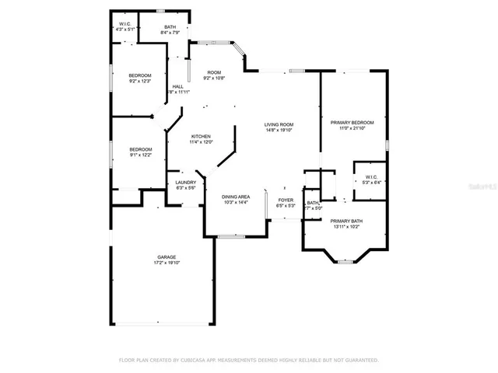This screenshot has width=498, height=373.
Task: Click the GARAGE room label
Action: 167,257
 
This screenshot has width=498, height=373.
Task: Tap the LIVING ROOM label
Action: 279,124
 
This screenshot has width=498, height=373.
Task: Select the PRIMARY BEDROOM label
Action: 352,122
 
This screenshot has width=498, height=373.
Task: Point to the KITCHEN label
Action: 202,136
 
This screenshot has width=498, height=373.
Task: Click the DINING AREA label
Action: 236,197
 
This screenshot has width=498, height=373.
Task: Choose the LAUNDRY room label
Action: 185,183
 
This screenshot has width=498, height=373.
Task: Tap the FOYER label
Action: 286,200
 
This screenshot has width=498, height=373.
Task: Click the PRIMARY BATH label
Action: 347,221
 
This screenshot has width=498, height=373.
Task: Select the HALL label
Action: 178,86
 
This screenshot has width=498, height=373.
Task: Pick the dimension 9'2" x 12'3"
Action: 139,81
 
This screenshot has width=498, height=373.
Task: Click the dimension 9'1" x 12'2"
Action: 140,155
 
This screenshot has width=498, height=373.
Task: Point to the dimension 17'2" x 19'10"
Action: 167,263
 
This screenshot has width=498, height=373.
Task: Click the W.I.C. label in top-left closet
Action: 125,23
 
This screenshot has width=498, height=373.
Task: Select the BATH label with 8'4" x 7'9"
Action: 169,27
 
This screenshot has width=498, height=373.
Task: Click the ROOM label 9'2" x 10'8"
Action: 213,72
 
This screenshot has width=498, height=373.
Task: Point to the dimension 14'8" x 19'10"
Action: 279,131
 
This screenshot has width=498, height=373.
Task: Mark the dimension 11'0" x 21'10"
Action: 352,128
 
